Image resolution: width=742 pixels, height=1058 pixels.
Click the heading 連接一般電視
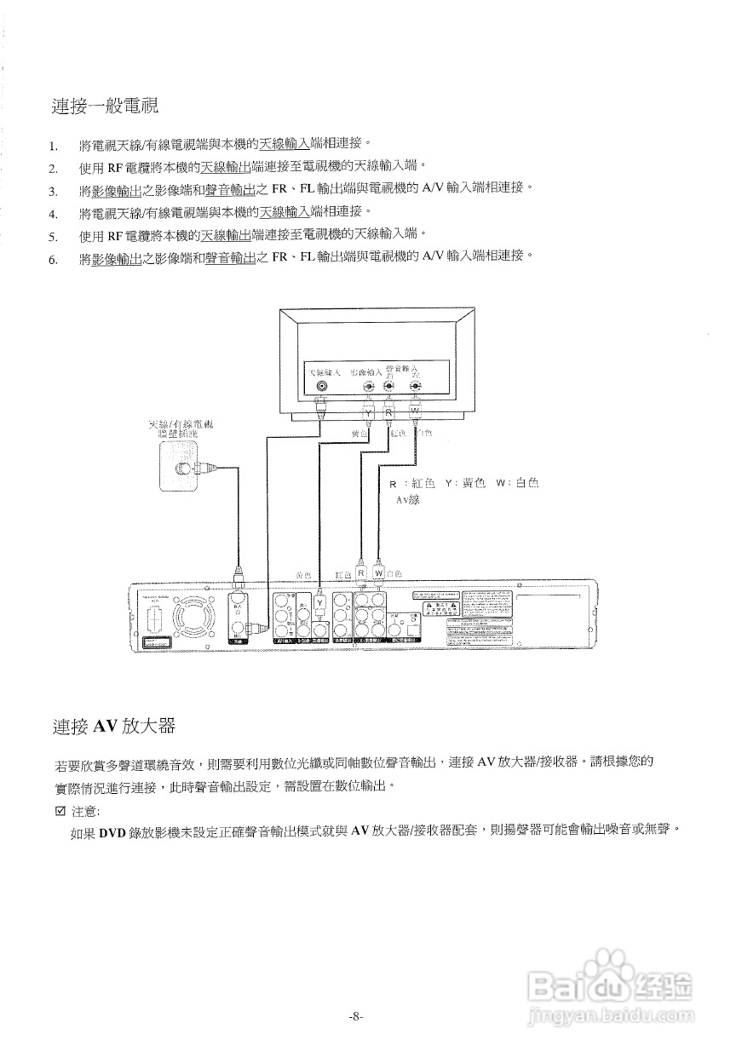[x=105, y=106]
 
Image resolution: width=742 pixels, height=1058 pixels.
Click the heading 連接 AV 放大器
[x=113, y=726]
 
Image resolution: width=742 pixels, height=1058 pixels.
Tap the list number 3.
[x=52, y=190]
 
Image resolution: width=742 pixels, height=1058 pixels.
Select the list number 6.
[x=52, y=260]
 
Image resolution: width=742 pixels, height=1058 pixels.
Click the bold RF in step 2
[x=116, y=167]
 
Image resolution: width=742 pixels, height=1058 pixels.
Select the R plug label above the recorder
[x=361, y=572]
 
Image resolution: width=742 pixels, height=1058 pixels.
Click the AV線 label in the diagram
[x=407, y=501]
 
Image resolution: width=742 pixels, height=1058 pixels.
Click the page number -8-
[x=356, y=1015]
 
